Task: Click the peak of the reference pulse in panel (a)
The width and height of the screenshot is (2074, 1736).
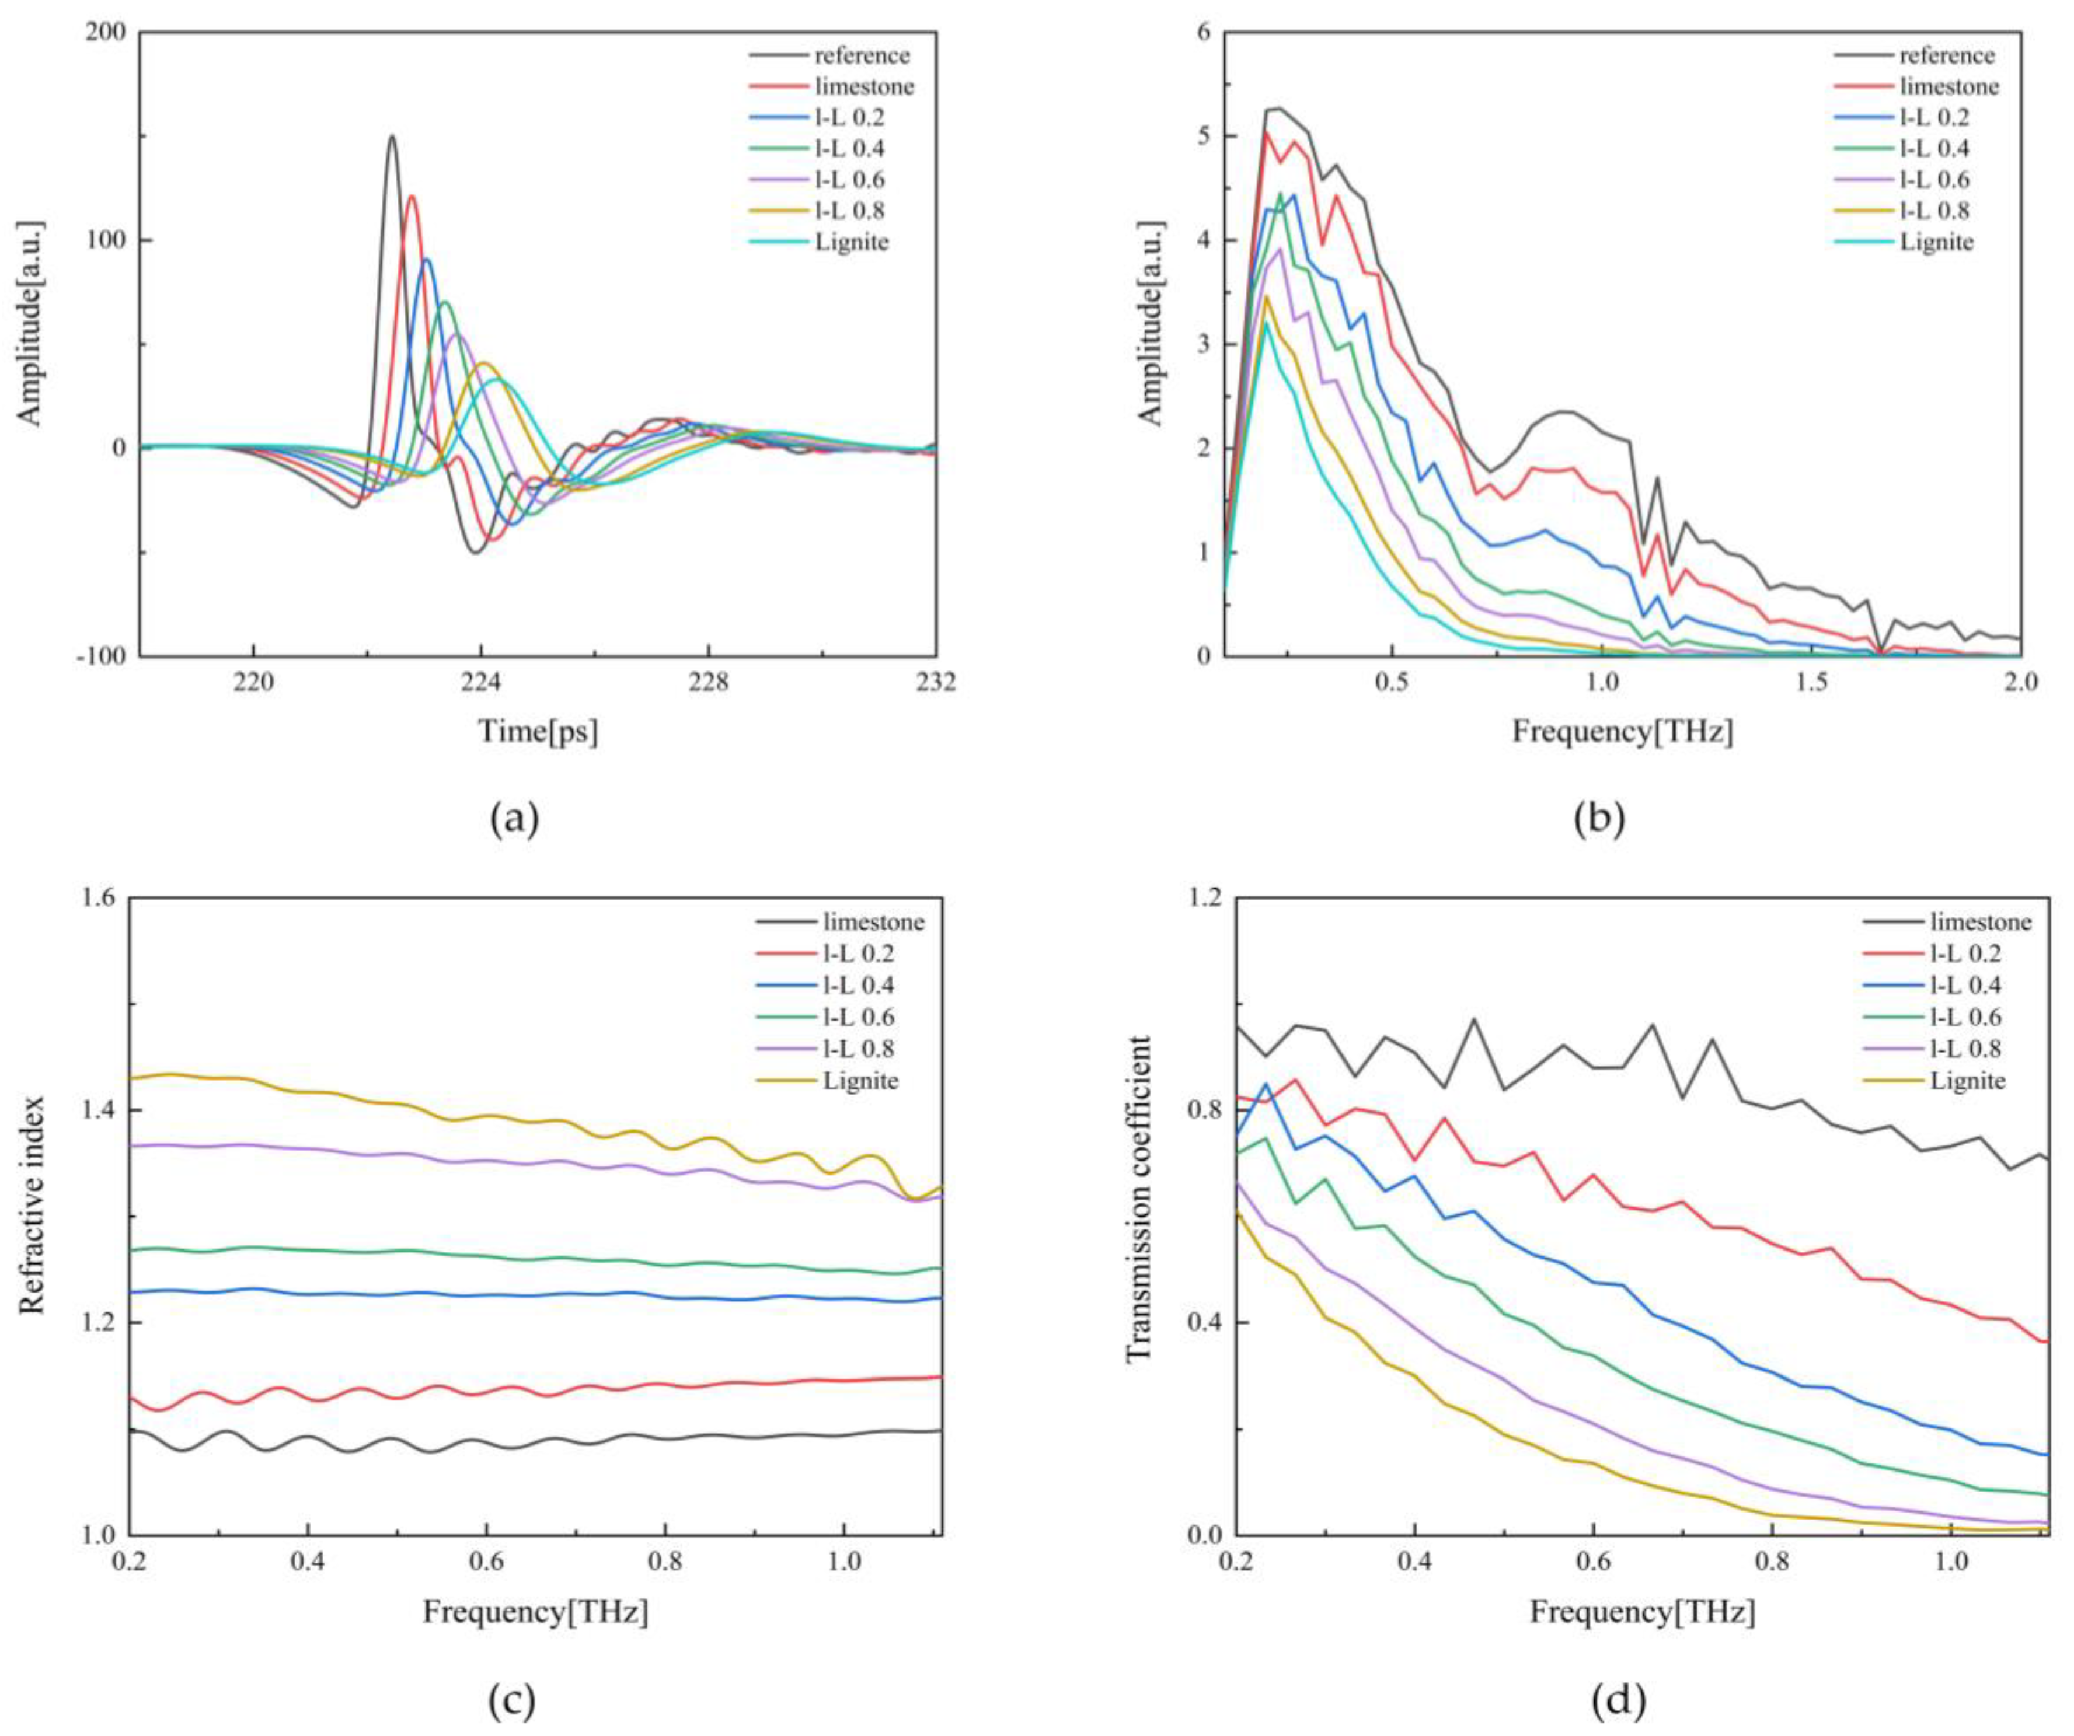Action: pos(392,137)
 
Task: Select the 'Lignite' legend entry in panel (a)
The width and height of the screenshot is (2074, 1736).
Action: pos(851,242)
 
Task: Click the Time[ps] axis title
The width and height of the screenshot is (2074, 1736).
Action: pos(538,732)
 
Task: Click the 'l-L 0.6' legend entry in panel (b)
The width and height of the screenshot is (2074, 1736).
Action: pos(1934,180)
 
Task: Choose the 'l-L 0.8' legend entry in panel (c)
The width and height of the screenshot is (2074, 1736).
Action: pos(858,1049)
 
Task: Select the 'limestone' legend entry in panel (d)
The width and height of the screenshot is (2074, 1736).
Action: pos(1980,923)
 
